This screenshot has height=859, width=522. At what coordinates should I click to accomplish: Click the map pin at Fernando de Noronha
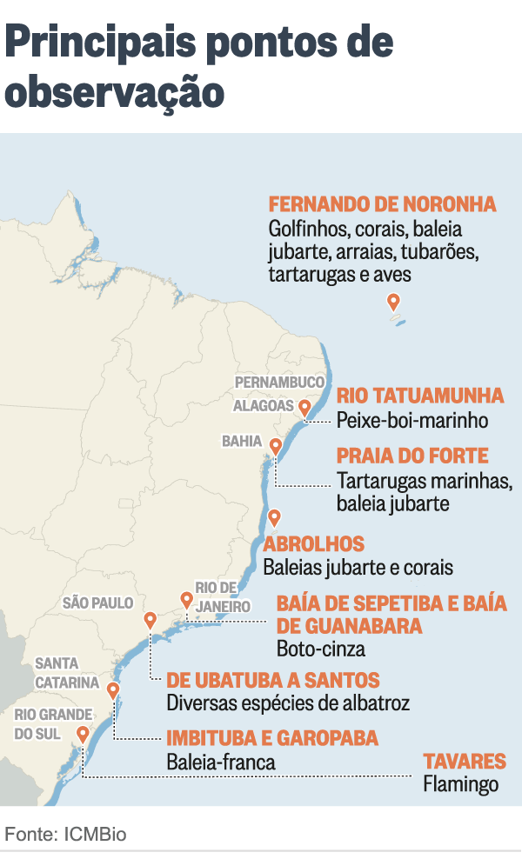pos(393,302)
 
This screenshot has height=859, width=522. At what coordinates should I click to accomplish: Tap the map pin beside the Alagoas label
pos(304,407)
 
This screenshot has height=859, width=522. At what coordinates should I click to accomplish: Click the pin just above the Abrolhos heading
pos(275,517)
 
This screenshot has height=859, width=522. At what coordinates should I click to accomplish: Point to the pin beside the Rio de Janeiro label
pos(186,599)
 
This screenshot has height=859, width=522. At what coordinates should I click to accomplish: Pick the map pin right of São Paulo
pos(150,620)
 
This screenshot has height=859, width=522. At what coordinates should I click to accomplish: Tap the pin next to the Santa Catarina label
pos(112,691)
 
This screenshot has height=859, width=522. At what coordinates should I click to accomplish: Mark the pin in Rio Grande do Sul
pos(83,735)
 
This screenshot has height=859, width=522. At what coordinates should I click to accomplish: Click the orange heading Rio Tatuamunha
pos(420,396)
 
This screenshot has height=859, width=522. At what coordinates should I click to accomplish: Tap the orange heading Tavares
pos(465,762)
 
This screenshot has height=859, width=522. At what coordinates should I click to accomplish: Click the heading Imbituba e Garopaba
pos(272,739)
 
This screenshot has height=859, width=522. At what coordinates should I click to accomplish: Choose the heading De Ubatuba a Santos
pos(273,680)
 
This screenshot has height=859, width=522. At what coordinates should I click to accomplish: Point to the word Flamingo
pos(461,784)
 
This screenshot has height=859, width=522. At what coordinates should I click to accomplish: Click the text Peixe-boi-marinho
pos(412,421)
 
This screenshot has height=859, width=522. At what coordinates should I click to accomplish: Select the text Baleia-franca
pos(221,762)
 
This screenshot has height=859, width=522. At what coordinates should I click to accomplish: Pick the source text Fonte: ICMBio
pos(66,834)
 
